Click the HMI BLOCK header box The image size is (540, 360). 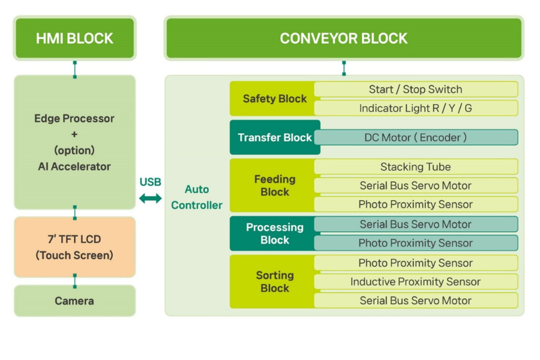pyautogui.click(x=74, y=38)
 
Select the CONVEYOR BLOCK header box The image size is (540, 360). pyautogui.click(x=343, y=38)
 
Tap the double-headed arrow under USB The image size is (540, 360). pyautogui.click(x=150, y=198)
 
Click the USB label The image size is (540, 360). pyautogui.click(x=150, y=182)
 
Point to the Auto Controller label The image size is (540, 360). pyautogui.click(x=197, y=197)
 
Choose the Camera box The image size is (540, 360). pyautogui.click(x=74, y=301)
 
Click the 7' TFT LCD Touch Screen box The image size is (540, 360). pyautogui.click(x=74, y=247)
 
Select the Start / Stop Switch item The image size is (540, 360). pyautogui.click(x=415, y=89)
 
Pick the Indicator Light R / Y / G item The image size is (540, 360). pyautogui.click(x=415, y=108)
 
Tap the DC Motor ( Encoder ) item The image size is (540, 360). pyautogui.click(x=415, y=137)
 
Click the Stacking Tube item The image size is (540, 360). pyautogui.click(x=415, y=167)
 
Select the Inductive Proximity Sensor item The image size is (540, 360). pyautogui.click(x=415, y=281)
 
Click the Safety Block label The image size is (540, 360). pyautogui.click(x=274, y=98)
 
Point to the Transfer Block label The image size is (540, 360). pyautogui.click(x=274, y=137)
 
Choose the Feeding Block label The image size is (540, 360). pyautogui.click(x=274, y=185)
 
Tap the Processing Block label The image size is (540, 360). pyautogui.click(x=274, y=233)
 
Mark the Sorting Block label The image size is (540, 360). pyautogui.click(x=274, y=281)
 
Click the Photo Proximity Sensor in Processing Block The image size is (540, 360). pyautogui.click(x=415, y=243)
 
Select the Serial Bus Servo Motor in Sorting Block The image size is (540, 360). pyautogui.click(x=415, y=301)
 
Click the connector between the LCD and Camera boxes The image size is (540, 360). pyautogui.click(x=74, y=281)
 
